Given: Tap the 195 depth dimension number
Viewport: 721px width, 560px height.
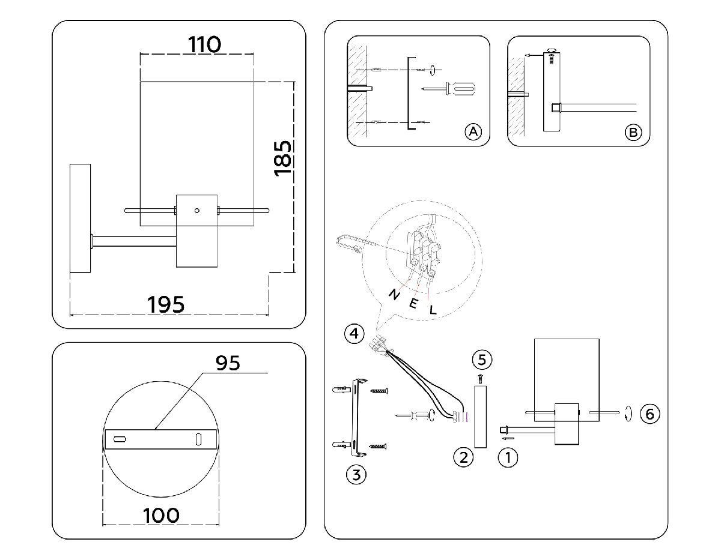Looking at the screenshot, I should pyautogui.click(x=166, y=304).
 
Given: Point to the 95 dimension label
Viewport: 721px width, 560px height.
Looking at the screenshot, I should pyautogui.click(x=227, y=363).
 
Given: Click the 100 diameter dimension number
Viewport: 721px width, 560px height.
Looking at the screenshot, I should pyautogui.click(x=161, y=515).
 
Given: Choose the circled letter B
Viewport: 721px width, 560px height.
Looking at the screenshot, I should pyautogui.click(x=633, y=131).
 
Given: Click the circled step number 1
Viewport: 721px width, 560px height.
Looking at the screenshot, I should pyautogui.click(x=508, y=457).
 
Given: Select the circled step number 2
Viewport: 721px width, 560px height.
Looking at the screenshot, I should pyautogui.click(x=463, y=457).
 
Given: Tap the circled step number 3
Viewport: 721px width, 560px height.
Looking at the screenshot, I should pyautogui.click(x=356, y=475).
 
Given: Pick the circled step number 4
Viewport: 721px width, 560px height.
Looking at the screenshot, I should pyautogui.click(x=354, y=333).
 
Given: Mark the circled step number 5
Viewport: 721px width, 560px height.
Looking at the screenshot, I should pyautogui.click(x=482, y=360).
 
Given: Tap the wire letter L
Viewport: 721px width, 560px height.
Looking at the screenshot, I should pyautogui.click(x=433, y=310).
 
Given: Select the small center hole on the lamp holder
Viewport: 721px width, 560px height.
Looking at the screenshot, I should pyautogui.click(x=196, y=211).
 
